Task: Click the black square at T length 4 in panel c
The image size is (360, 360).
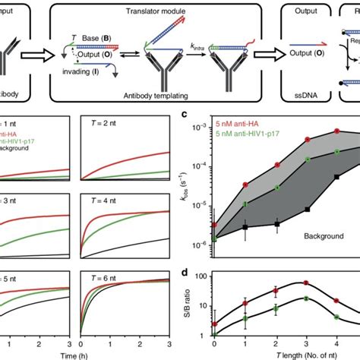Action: pos(336,178)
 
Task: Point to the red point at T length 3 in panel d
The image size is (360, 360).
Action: pos(307,283)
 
